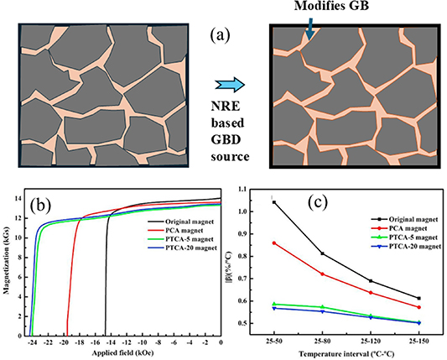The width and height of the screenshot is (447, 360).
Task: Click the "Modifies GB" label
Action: click(x=327, y=8)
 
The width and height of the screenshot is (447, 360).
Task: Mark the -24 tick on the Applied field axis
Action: click(x=32, y=343)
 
